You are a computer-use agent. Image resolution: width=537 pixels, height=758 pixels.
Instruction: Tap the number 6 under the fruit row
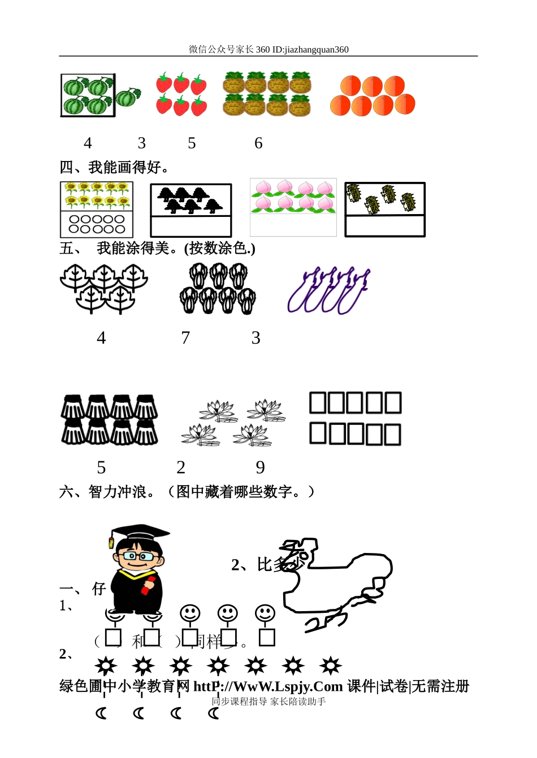pyautogui.click(x=258, y=143)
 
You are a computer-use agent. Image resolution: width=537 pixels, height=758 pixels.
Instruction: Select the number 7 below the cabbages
pyautogui.click(x=185, y=338)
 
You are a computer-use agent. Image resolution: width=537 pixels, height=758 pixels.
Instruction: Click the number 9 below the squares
pyautogui.click(x=260, y=467)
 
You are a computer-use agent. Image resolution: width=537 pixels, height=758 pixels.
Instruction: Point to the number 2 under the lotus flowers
pyautogui.click(x=181, y=467)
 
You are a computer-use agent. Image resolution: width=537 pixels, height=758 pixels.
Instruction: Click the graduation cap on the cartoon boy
pyautogui.click(x=138, y=533)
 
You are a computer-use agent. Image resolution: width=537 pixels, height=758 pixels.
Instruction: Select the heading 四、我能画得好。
pyautogui.click(x=114, y=168)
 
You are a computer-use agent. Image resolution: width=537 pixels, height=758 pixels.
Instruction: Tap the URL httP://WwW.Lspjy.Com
pyautogui.click(x=268, y=686)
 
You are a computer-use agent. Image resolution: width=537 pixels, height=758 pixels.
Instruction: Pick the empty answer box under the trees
pyautogui.click(x=191, y=226)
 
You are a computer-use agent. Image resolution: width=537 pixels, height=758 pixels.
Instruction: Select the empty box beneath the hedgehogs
pyautogui.click(x=385, y=226)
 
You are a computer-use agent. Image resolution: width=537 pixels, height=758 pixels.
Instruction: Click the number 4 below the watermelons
pyautogui.click(x=88, y=143)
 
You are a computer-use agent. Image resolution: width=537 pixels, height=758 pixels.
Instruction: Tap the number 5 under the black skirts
pyautogui.click(x=101, y=468)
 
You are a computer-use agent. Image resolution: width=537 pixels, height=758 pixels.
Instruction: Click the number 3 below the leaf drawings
pyautogui.click(x=256, y=338)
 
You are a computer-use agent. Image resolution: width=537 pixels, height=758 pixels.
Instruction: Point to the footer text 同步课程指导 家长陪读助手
pyautogui.click(x=268, y=702)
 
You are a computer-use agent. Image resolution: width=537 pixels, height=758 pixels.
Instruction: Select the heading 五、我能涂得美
pyautogui.click(x=157, y=249)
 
